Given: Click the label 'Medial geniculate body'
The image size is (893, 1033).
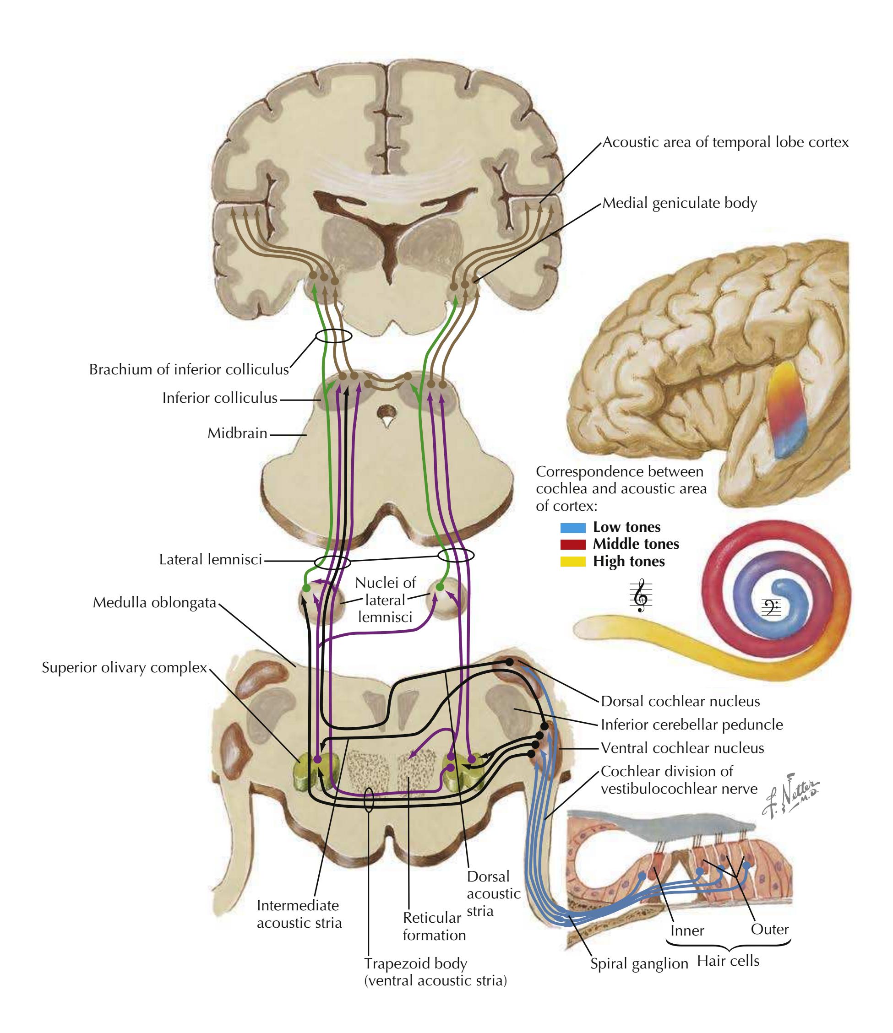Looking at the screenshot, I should tap(680, 203).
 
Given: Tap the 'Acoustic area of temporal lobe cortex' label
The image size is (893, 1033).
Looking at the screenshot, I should tap(725, 142).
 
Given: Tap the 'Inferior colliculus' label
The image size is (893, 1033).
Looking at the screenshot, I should tap(219, 398).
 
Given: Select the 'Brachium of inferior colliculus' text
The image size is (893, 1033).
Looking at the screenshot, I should tap(189, 369).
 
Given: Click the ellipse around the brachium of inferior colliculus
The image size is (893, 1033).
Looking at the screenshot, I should tap(333, 335).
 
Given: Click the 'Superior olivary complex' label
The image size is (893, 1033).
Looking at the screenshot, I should tap(124, 668).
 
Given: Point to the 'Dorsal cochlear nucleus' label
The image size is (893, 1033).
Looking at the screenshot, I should tap(680, 702).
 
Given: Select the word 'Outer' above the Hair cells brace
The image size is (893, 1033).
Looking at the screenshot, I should tap(769, 929).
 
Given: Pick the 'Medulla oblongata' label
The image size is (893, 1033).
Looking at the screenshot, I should tap(155, 603).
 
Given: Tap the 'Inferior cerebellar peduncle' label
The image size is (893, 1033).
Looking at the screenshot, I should tap(692, 725).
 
